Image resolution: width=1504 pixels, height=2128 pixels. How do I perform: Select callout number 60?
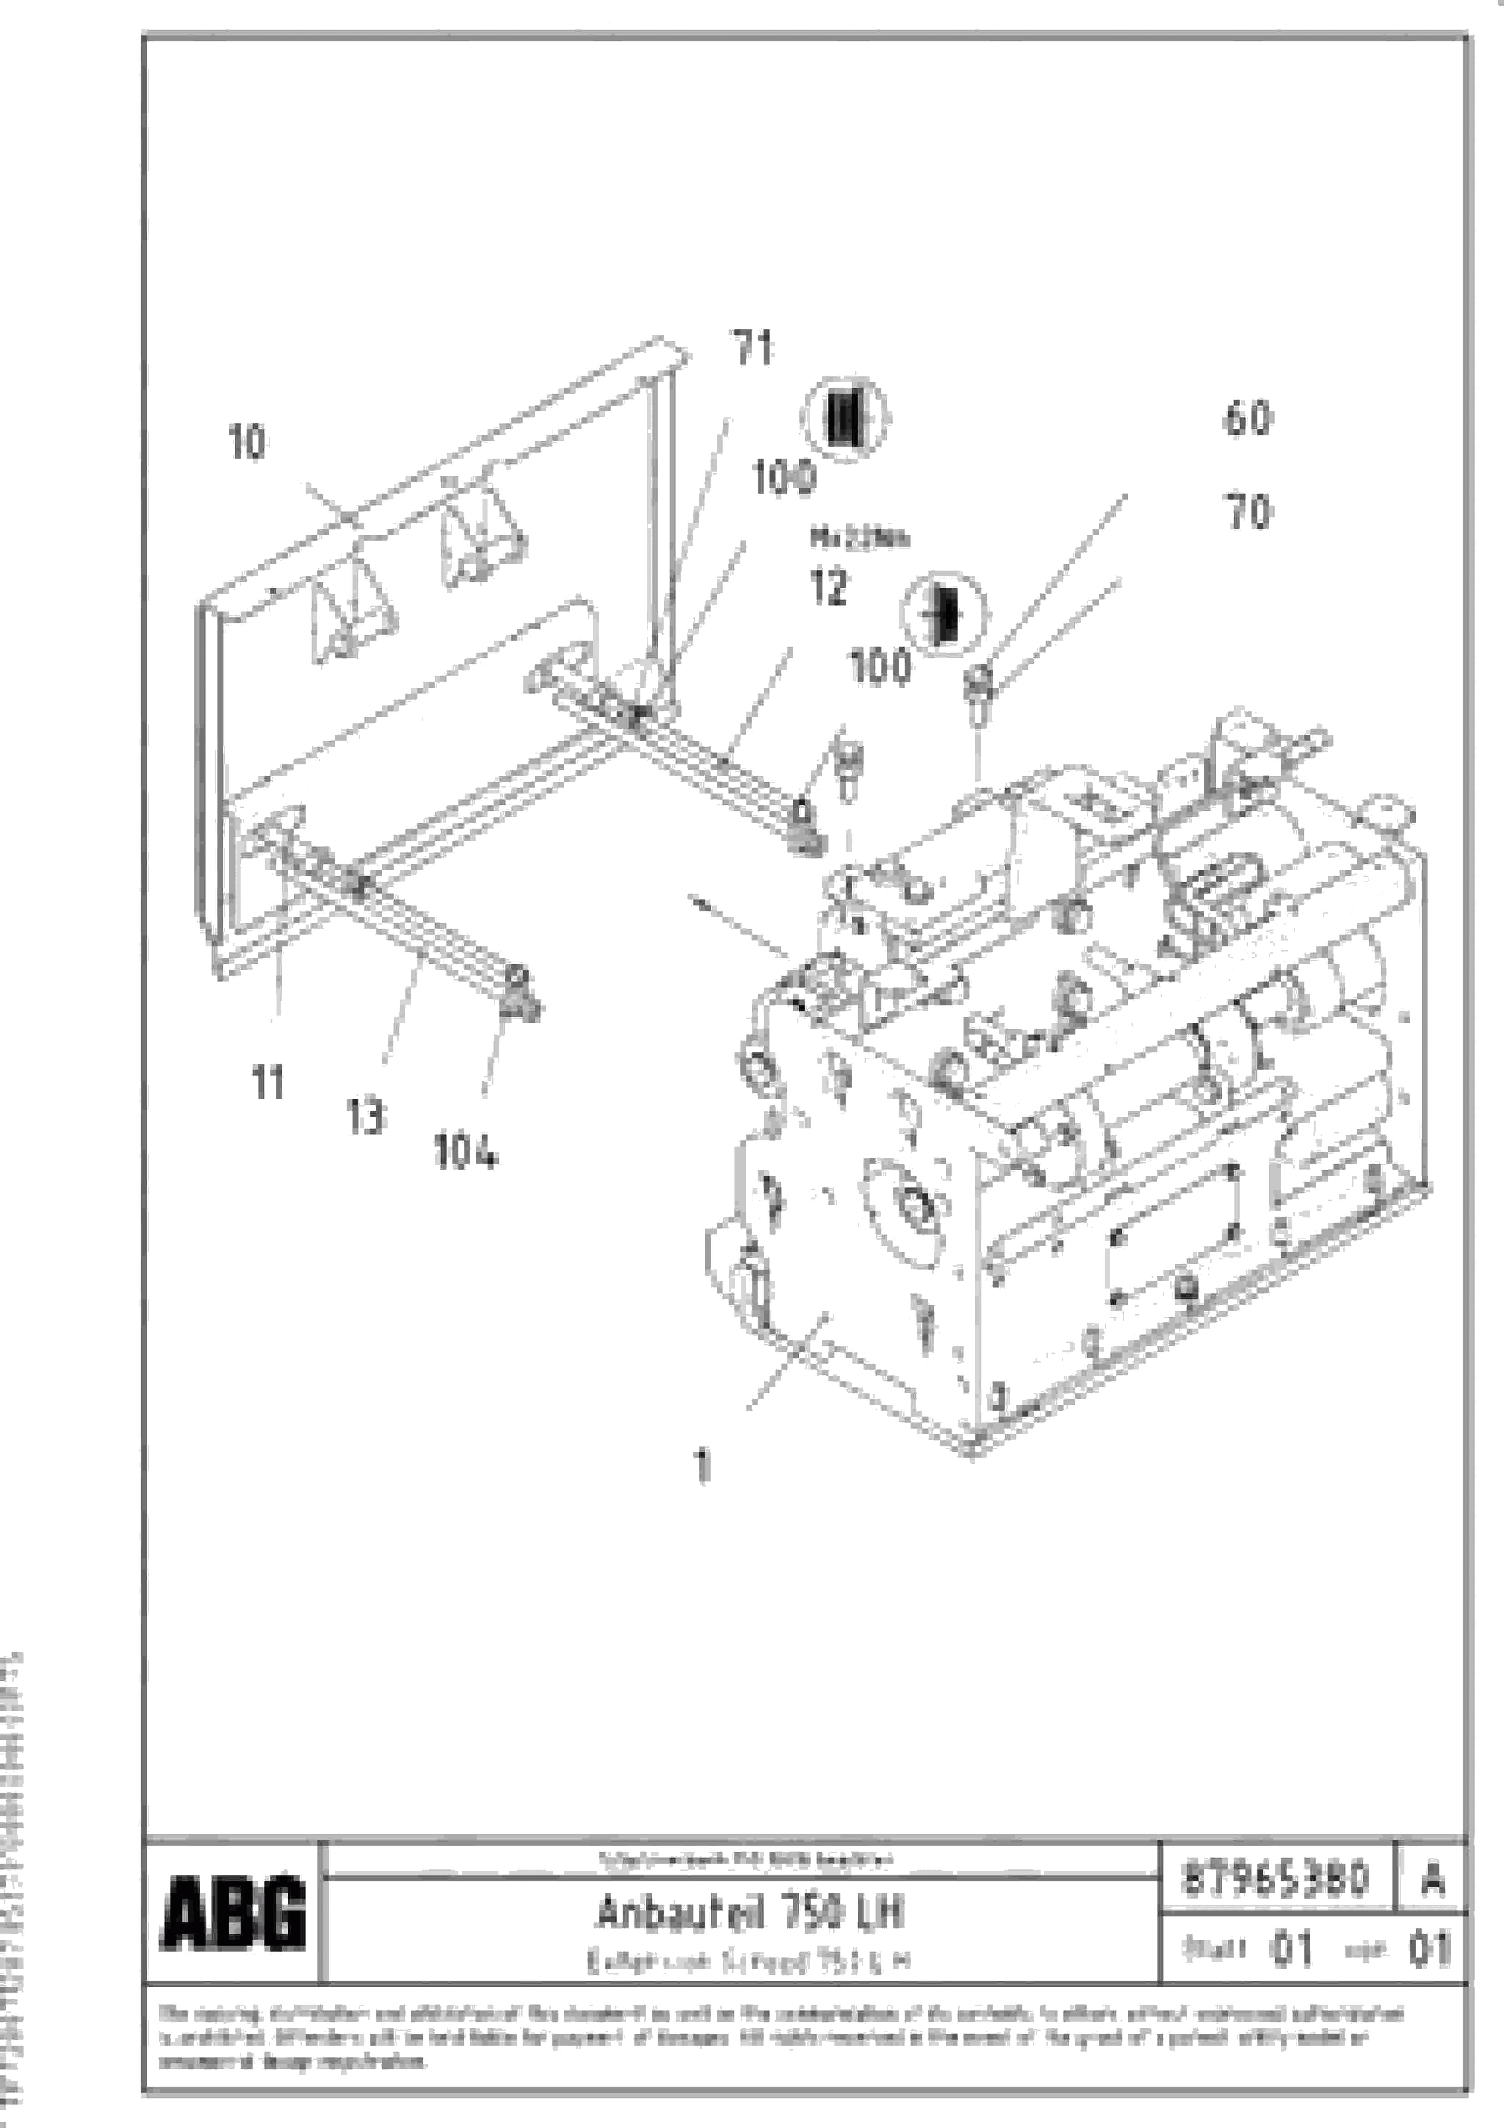tap(1247, 419)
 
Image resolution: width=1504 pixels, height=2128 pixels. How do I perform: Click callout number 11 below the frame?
tap(268, 1082)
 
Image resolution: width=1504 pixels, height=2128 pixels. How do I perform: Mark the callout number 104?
tap(465, 1152)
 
